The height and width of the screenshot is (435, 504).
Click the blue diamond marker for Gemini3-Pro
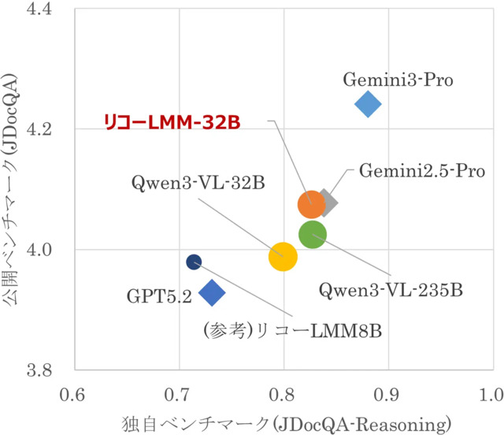pyautogui.click(x=368, y=103)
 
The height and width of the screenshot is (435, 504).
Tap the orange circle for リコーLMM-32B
pyautogui.click(x=312, y=205)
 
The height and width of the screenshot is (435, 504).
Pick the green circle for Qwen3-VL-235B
pyautogui.click(x=313, y=235)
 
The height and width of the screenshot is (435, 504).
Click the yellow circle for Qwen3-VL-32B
pyautogui.click(x=283, y=256)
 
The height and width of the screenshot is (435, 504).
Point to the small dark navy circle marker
pyautogui.click(x=194, y=262)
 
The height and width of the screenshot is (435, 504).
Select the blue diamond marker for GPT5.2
pyautogui.click(x=212, y=293)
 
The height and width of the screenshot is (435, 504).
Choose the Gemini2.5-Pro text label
pyautogui.click(x=421, y=169)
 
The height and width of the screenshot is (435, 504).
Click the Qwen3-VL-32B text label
pyautogui.click(x=198, y=183)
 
